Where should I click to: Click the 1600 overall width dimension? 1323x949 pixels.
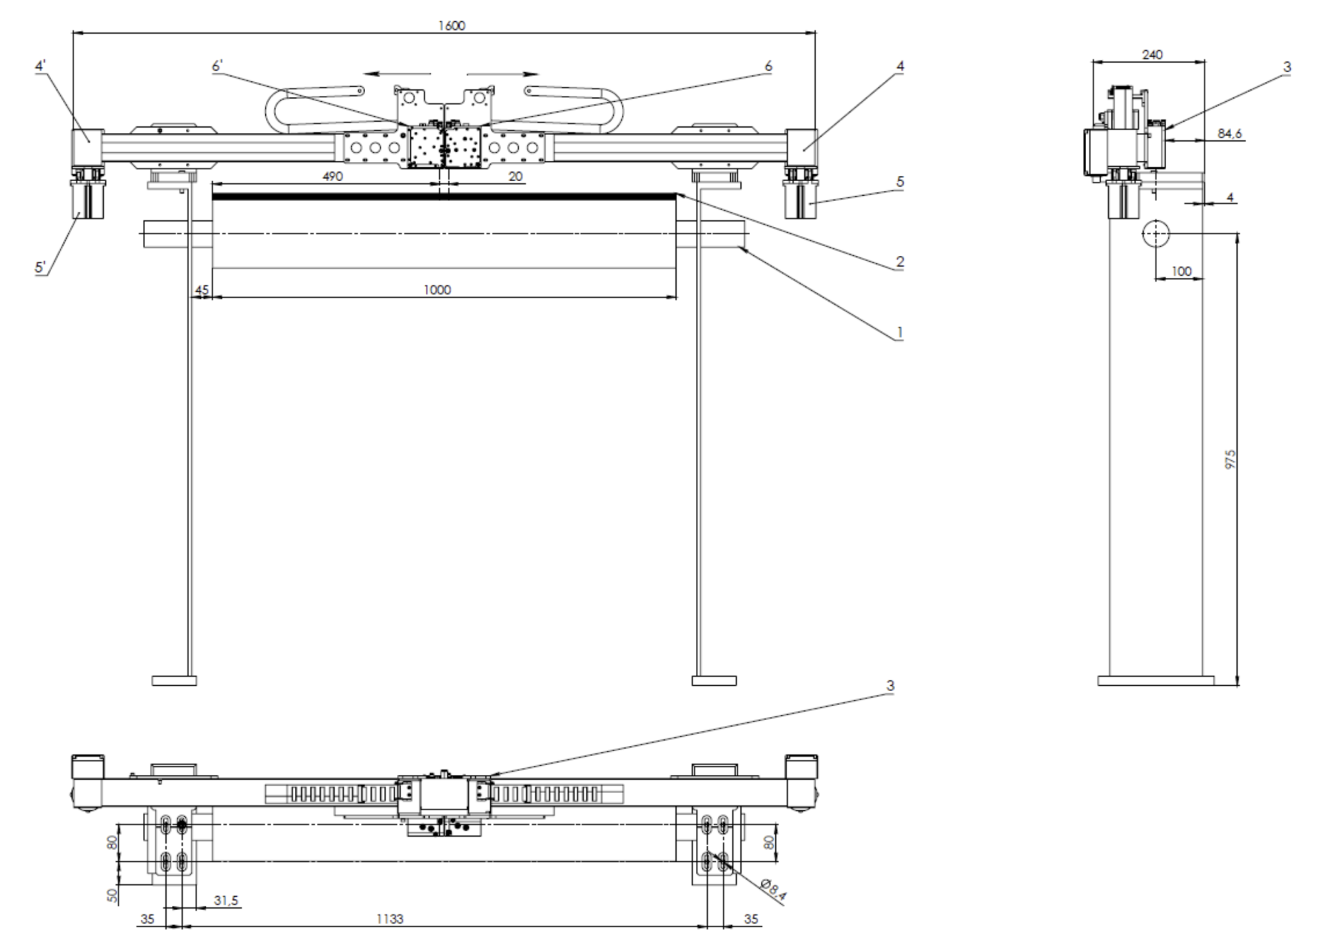452,26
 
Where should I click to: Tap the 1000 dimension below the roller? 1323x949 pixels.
437,290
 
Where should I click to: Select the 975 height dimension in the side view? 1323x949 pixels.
1230,459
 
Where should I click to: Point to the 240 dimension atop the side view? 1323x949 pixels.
1152,54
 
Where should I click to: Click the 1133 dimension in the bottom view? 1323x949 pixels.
390,919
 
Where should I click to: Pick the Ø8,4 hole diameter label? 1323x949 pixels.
773,890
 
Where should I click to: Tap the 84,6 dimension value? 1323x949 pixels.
1230,134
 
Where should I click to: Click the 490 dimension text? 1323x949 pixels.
332,177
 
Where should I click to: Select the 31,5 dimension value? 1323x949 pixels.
226,900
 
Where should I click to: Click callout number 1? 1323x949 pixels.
899,333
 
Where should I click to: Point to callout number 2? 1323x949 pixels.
900,262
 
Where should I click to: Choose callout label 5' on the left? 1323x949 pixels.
41,267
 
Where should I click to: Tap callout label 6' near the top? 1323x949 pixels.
217,66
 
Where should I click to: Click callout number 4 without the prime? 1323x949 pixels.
900,66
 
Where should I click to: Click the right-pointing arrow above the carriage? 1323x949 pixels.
503,74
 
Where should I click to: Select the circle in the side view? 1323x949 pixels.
1155,233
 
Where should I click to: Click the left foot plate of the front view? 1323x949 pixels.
174,681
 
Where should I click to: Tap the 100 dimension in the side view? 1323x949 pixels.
1181,271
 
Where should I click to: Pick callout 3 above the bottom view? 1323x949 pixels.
890,686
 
